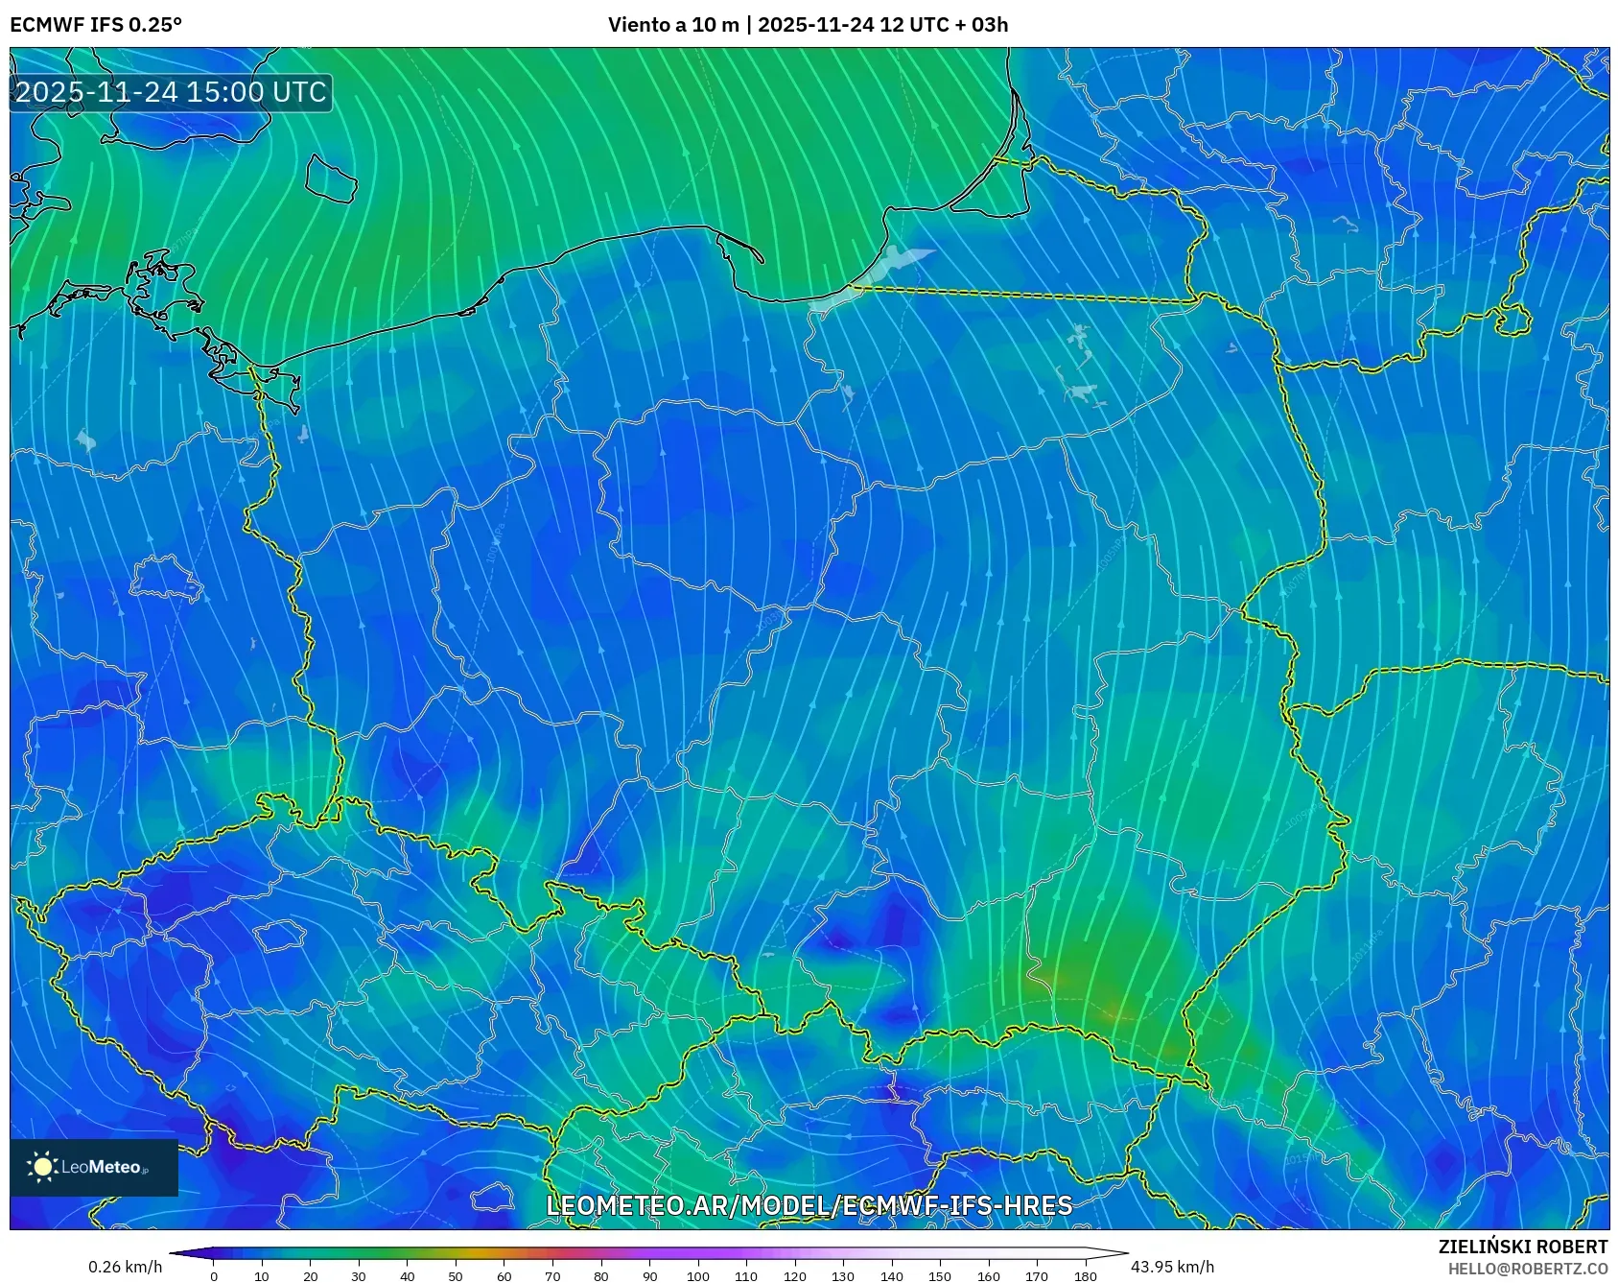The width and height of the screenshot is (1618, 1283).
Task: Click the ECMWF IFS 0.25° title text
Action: point(96,25)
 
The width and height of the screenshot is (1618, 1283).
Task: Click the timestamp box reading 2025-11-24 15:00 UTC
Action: point(171,92)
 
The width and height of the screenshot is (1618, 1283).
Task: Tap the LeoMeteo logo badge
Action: point(94,1167)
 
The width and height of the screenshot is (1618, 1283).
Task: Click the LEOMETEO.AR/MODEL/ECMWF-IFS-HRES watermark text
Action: point(809,1205)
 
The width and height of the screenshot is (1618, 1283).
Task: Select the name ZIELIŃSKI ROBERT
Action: point(1522,1247)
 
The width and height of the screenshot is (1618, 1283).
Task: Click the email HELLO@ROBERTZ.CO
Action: point(1527,1269)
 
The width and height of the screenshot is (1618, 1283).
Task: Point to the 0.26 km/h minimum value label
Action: point(125,1267)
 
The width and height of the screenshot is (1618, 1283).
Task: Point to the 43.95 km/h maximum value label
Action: point(1172,1267)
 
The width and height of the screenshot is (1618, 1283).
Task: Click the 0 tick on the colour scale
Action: point(214,1276)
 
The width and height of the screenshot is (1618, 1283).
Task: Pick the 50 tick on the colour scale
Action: point(456,1276)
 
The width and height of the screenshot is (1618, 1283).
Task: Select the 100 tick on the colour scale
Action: point(698,1276)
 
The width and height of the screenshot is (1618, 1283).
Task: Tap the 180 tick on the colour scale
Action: point(1086,1276)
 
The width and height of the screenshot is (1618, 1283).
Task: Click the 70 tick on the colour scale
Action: point(552,1276)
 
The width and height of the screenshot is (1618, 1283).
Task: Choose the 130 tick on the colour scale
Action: point(843,1276)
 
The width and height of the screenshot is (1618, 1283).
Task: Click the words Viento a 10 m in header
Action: point(673,25)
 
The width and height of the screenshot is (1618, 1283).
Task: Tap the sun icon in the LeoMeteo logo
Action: point(42,1167)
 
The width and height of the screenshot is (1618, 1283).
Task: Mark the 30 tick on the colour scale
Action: point(359,1276)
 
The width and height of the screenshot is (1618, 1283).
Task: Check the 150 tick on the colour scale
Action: point(940,1276)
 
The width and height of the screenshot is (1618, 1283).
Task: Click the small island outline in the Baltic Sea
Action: point(331,178)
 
